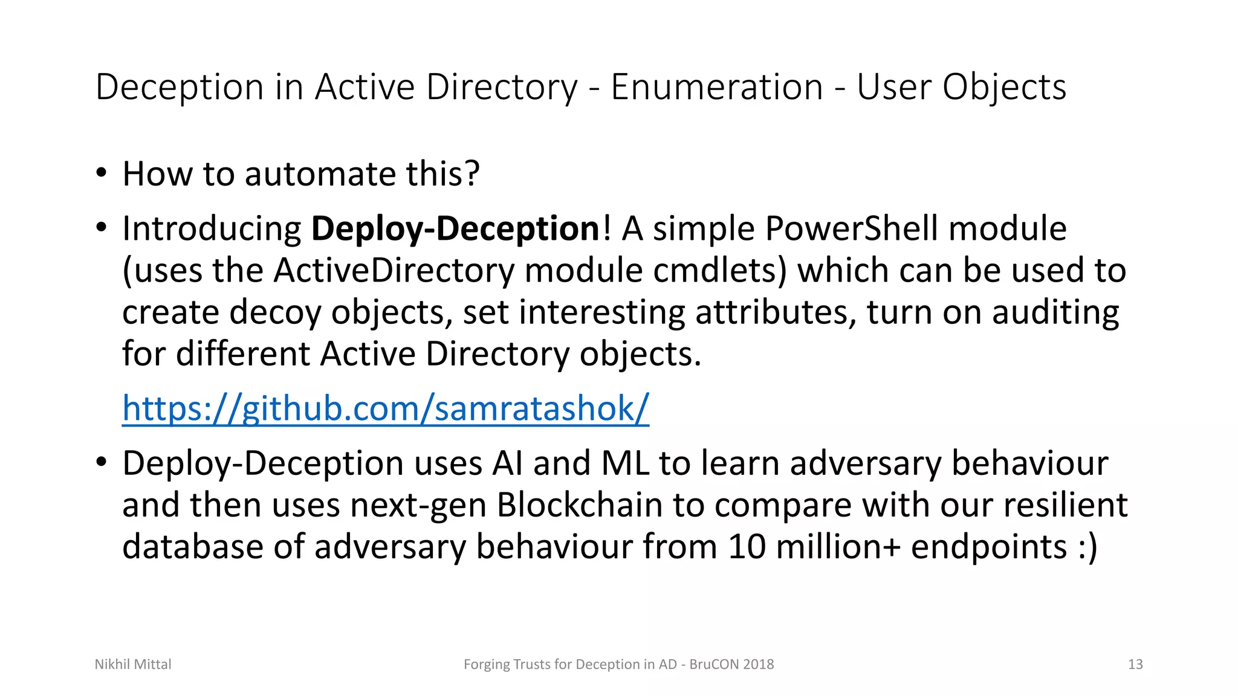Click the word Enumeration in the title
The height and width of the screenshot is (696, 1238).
[x=717, y=87]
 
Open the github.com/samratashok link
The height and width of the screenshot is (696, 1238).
[x=386, y=408]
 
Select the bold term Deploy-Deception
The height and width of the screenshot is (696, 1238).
[x=455, y=228]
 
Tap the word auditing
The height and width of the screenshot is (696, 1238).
[x=1055, y=312]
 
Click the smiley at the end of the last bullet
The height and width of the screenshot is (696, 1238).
[x=1087, y=546]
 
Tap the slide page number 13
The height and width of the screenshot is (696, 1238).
[x=1135, y=665]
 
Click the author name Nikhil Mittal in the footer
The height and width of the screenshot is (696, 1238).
[x=133, y=665]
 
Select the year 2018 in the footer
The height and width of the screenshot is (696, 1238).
[x=758, y=665]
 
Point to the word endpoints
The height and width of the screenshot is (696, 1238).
[x=988, y=546]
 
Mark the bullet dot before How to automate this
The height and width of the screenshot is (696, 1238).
[x=101, y=173]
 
